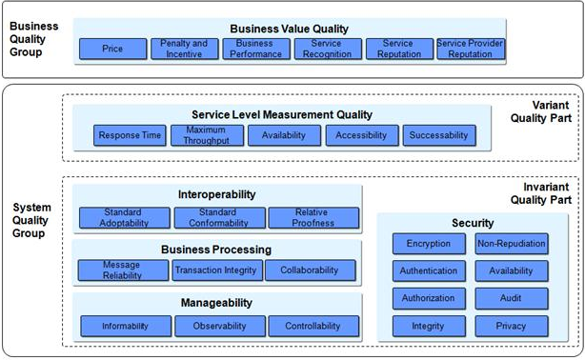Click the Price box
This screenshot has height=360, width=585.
coord(112,49)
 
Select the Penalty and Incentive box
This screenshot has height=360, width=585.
coord(183,49)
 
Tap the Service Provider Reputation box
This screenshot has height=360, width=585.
coord(470,49)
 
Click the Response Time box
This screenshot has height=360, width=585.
coord(131,135)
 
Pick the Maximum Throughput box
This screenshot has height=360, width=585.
coord(207,135)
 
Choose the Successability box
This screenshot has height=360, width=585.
coord(438,135)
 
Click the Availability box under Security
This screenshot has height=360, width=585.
coord(512,270)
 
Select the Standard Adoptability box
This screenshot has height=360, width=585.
coord(124,218)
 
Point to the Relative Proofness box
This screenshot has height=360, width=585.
coord(313,218)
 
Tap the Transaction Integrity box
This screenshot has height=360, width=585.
coord(217,270)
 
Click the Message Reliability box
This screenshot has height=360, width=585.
coord(122,270)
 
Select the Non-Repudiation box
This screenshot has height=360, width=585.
coord(512,244)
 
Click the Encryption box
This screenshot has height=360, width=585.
coord(429,244)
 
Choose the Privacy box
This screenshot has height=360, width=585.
coord(512,326)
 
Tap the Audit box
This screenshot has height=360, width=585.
coord(512,298)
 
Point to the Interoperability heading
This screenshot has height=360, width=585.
coord(217,194)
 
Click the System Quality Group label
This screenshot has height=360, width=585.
coord(31,220)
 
